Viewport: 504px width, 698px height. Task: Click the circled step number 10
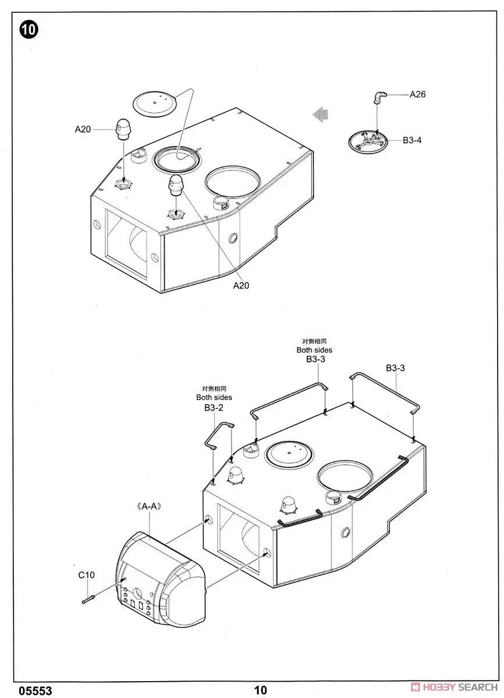(x=29, y=30)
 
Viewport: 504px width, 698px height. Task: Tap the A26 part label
(x=417, y=94)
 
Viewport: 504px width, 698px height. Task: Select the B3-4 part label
(x=412, y=140)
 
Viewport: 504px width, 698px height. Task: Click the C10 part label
(x=86, y=575)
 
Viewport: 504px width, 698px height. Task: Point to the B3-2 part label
(x=214, y=408)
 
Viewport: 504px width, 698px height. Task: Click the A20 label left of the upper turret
(x=83, y=130)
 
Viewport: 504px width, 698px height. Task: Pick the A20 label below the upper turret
(x=241, y=285)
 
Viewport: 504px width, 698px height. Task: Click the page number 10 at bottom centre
(x=260, y=690)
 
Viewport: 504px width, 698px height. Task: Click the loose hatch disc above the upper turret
(x=154, y=103)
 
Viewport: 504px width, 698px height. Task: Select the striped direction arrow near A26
(x=320, y=114)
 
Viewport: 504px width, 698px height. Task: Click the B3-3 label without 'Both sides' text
(x=395, y=368)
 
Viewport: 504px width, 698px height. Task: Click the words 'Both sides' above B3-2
(x=214, y=397)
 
